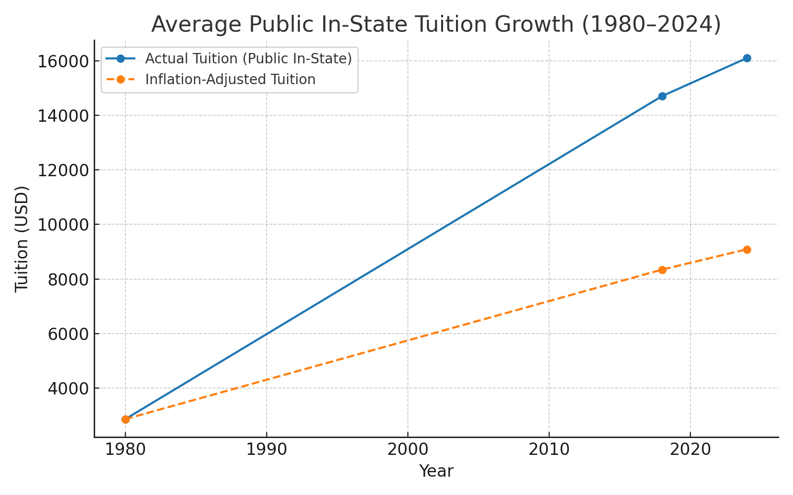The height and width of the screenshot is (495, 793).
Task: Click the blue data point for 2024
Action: pos(747,58)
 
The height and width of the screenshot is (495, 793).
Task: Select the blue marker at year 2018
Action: pos(662,96)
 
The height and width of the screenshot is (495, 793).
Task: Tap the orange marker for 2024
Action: pos(747,249)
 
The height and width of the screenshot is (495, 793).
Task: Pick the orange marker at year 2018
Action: pos(662,270)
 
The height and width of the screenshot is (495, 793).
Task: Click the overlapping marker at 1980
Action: pos(125,419)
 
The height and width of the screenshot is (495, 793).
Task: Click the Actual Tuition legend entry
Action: pos(248,58)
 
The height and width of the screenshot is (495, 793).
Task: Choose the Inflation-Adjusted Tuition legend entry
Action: pos(230,79)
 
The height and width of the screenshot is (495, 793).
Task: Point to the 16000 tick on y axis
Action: pos(62,61)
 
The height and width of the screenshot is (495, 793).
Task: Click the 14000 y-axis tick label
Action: pos(62,116)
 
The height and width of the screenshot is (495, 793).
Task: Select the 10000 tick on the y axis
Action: pos(62,225)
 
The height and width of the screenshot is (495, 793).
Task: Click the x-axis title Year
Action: pos(436,471)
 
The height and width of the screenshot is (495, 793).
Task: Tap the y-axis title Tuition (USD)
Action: pos(22,239)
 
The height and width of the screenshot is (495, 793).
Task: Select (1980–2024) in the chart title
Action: pos(651,24)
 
